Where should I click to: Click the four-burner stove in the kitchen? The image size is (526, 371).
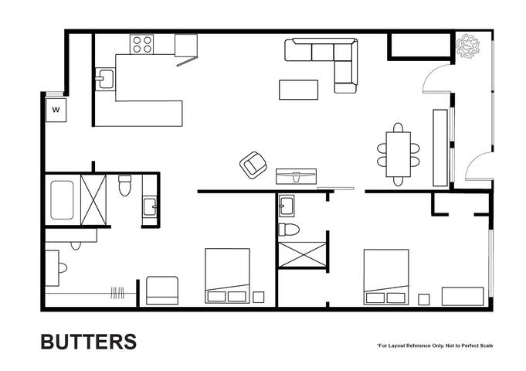(x=141, y=45)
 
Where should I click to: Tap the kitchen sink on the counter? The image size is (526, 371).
(x=104, y=79)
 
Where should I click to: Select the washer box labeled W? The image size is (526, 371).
(x=56, y=110)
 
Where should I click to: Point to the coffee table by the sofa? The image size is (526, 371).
(x=298, y=90)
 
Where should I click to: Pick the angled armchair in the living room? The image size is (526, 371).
(x=253, y=164)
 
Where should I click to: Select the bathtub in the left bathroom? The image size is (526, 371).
(x=62, y=200)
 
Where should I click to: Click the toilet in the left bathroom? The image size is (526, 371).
(x=124, y=185)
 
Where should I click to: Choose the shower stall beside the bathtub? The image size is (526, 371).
(x=93, y=200)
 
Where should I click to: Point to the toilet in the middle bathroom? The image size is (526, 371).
(x=289, y=229)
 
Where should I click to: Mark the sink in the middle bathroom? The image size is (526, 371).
(x=287, y=206)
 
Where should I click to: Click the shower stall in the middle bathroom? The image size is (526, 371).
(x=302, y=254)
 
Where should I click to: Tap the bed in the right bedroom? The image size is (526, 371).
(x=386, y=276)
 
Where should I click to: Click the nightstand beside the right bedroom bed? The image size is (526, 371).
(x=423, y=299)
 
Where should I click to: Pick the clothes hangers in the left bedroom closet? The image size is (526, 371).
(x=117, y=293)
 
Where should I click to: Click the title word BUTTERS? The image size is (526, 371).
(x=88, y=342)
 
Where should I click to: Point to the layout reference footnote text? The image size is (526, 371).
(x=435, y=345)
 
